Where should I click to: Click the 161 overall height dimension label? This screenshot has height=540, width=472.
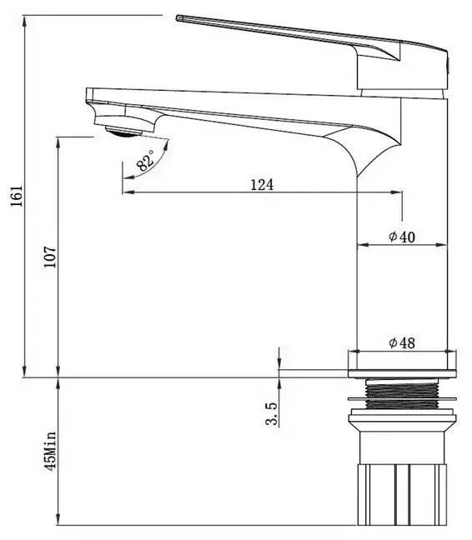click(17, 196)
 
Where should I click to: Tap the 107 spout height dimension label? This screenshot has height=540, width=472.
click(50, 257)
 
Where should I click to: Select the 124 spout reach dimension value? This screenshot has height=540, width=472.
click(262, 185)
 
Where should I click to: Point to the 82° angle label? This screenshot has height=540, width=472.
click(146, 161)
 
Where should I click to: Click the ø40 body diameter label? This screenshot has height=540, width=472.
click(402, 237)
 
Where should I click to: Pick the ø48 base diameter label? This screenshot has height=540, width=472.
click(402, 342)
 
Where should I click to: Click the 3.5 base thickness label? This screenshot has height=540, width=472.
click(272, 413)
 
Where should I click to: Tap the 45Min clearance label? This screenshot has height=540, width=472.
click(50, 451)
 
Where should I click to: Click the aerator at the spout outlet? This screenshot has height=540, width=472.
click(123, 131)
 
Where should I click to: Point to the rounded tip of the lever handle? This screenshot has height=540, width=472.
click(178, 17)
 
